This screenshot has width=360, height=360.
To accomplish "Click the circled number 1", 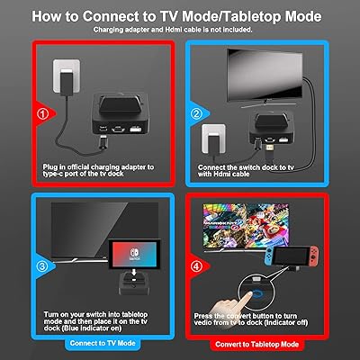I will click(x=43, y=113).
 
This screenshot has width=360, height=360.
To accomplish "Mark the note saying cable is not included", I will click(x=180, y=30).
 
